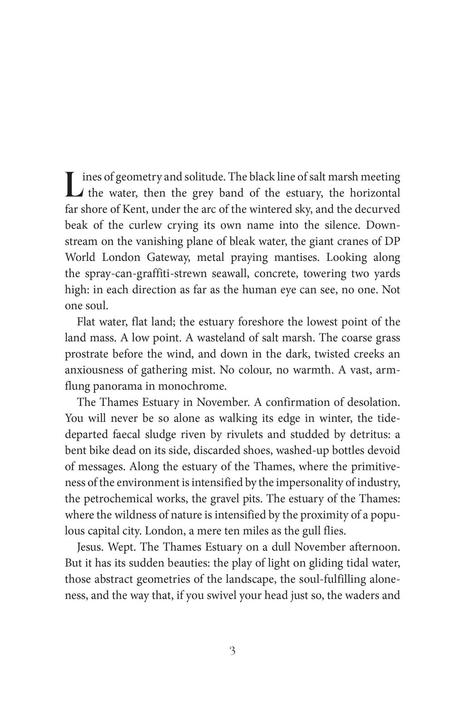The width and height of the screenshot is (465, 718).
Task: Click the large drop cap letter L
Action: click(74, 185)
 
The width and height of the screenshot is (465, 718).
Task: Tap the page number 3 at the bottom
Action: click(232, 651)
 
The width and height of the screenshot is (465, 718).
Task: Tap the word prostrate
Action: click(87, 354)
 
